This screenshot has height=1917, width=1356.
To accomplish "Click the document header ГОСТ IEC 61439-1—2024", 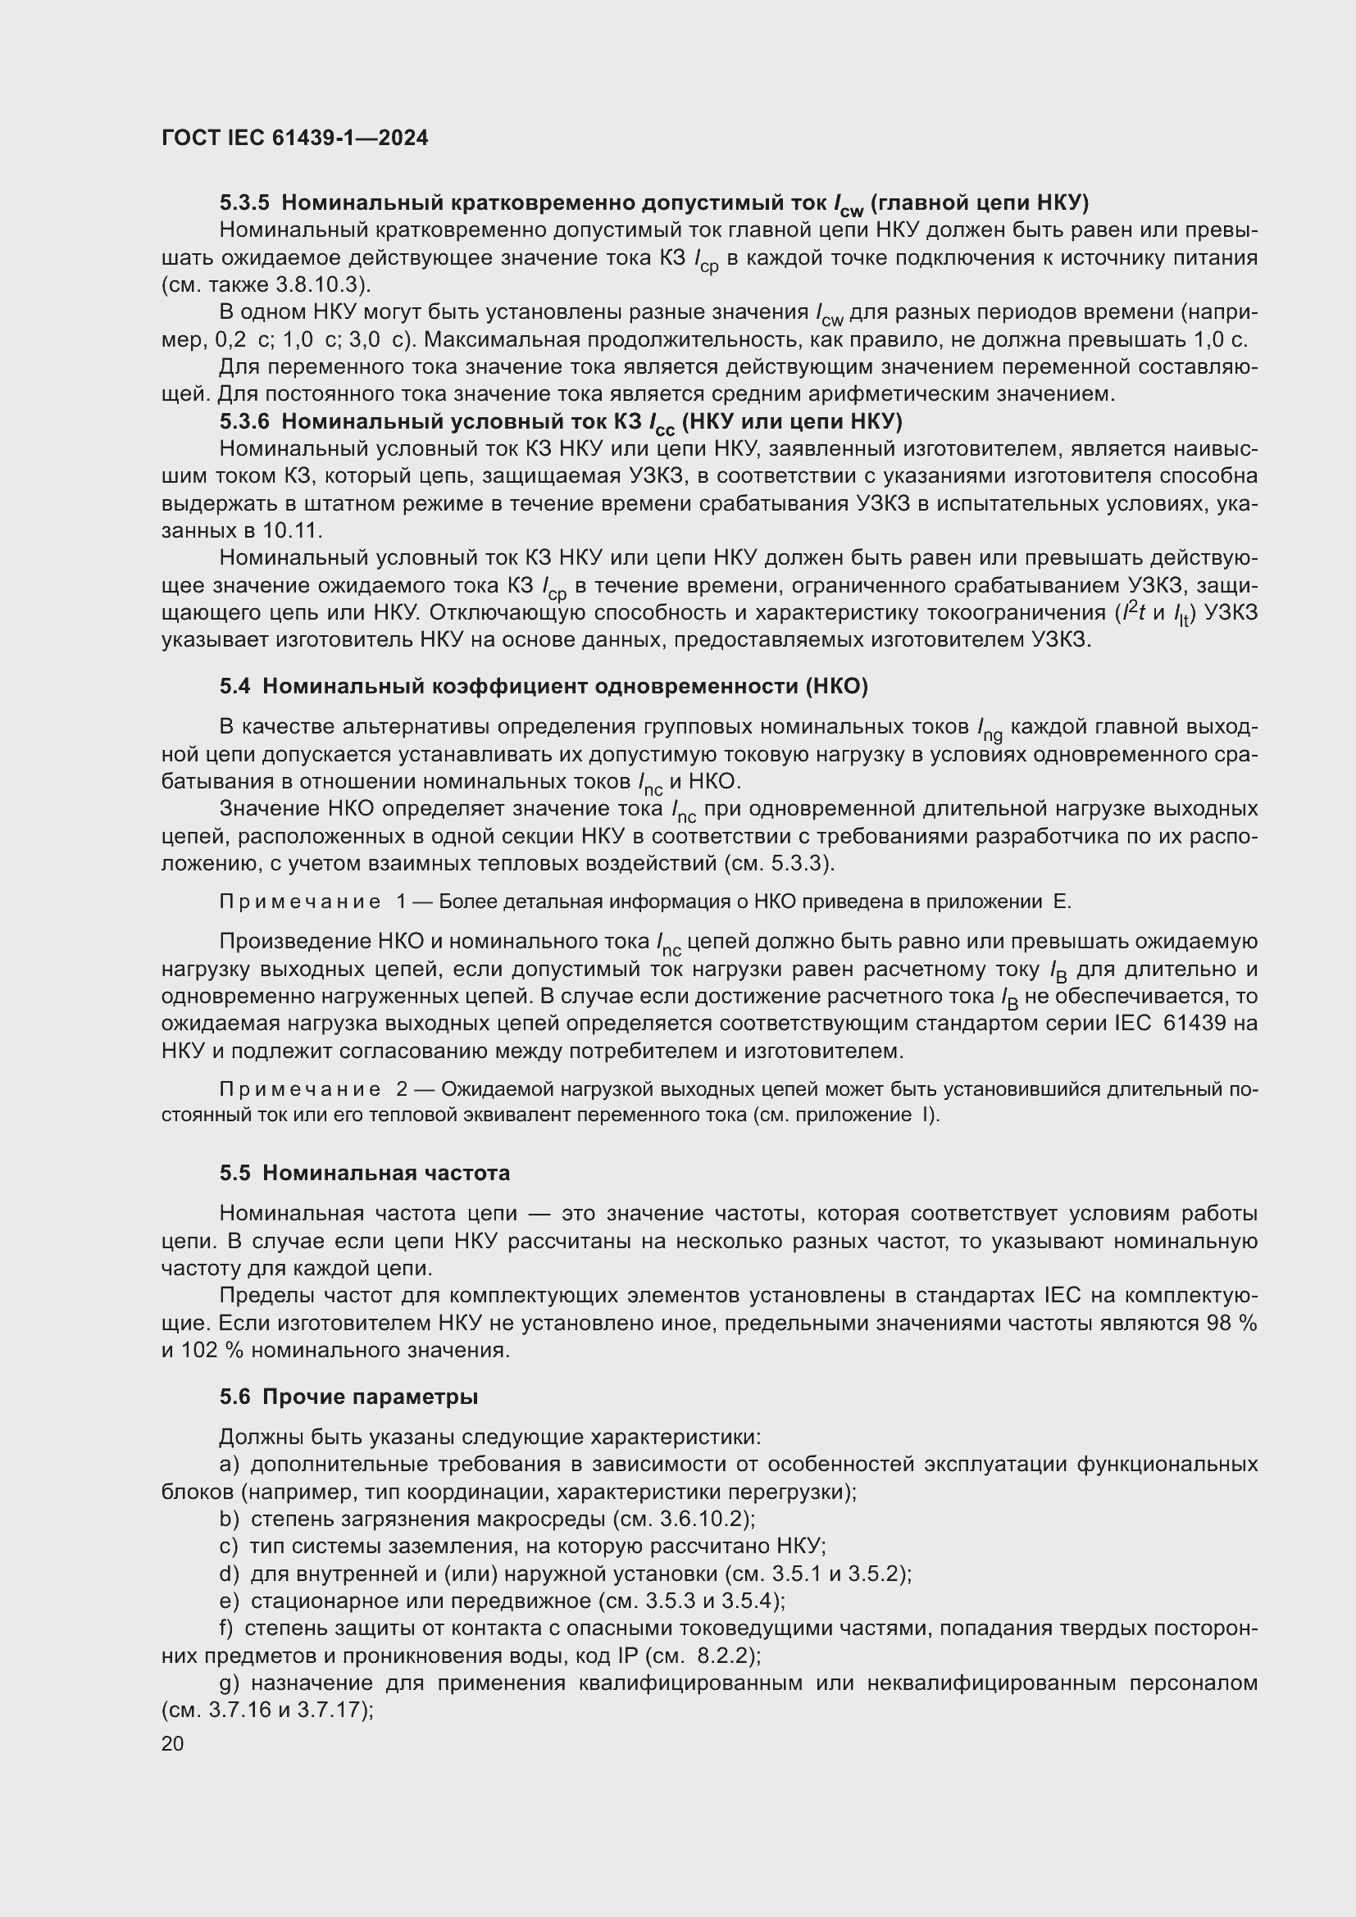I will coord(294,139).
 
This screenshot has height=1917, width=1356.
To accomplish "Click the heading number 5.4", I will coord(234,686).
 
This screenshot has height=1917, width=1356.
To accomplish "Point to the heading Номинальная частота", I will coord(386,1173).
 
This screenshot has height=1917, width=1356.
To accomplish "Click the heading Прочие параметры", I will coord(370,1397).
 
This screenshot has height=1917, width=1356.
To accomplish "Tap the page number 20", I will coord(172,1743).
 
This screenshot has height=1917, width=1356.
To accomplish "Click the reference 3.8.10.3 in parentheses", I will coord(321,284).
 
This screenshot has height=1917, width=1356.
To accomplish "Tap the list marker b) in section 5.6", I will coord(230,1519).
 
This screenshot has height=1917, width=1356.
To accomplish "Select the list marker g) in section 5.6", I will coord(230,1683).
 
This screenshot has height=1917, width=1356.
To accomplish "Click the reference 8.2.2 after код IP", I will coord(725,1655).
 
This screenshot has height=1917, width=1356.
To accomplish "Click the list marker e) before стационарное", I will coord(230,1601).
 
